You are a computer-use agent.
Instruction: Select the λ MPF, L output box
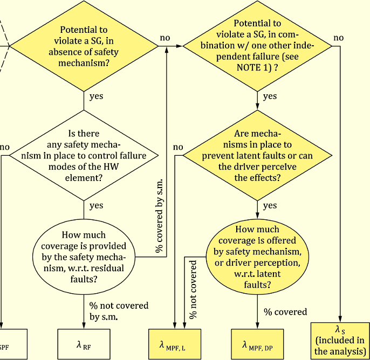[x=174, y=344]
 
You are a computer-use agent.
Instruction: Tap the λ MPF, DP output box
[x=257, y=344]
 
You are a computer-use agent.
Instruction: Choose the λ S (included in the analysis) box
[x=340, y=340]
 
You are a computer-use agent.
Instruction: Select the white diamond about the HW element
[x=83, y=155]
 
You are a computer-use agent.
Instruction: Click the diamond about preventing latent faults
[x=257, y=155]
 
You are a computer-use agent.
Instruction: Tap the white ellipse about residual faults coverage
[x=84, y=256]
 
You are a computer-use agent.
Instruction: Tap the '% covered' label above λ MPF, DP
[x=285, y=312]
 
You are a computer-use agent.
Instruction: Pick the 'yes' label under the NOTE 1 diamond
[x=270, y=96]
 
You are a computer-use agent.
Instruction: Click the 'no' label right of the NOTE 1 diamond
[x=338, y=38]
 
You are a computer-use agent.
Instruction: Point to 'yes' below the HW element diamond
[x=96, y=206]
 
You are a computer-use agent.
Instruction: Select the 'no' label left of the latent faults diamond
[x=178, y=147]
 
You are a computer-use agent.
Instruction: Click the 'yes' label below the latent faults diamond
[x=270, y=206]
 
